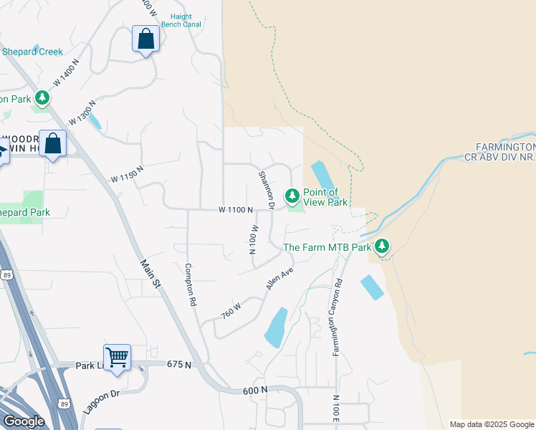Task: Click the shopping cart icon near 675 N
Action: (x=117, y=356)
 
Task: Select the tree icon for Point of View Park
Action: (x=292, y=195)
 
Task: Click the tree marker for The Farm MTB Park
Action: (x=382, y=247)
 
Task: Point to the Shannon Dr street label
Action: (x=267, y=191)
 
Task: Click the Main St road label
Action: (x=150, y=275)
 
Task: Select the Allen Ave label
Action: (x=280, y=278)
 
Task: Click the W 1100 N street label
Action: (x=236, y=210)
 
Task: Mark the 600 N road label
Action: (x=254, y=390)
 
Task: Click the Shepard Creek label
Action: (x=32, y=52)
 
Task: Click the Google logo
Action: (x=24, y=421)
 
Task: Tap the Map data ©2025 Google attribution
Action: (x=492, y=424)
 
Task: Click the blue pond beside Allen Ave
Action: (x=276, y=328)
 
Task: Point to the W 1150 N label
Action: (x=127, y=173)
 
